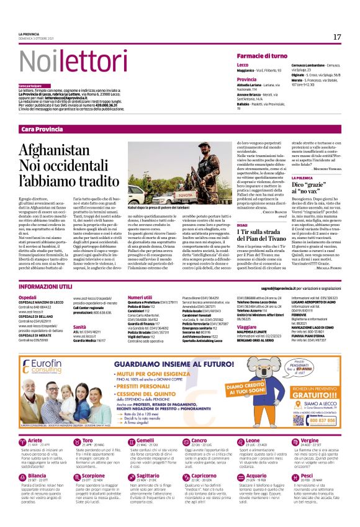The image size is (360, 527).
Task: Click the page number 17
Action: (337, 37)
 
